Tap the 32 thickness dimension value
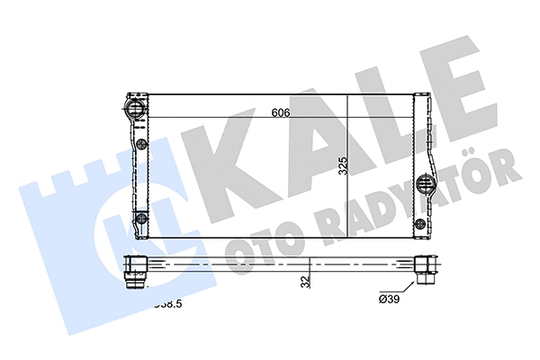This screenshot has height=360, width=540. tap(306, 282)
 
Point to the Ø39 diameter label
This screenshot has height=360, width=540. tap(390, 298)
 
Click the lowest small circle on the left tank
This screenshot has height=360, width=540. tap(139, 219)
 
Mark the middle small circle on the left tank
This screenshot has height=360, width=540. tap(140, 146)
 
